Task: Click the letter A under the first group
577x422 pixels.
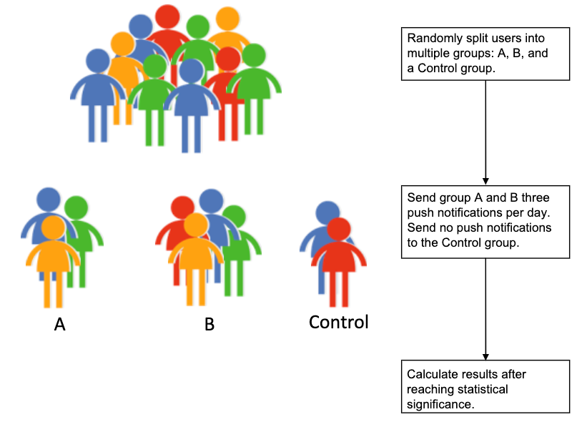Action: tap(60, 325)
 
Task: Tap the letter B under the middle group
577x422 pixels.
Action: tap(209, 325)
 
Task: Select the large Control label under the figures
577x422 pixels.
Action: tap(338, 322)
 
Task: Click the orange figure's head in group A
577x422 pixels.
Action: tap(52, 228)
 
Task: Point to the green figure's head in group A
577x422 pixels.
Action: tap(77, 208)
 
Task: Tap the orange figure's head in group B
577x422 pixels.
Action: tap(195, 225)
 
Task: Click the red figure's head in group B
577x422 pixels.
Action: tap(183, 208)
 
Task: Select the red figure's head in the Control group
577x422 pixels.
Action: tap(339, 230)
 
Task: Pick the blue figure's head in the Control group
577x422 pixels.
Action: tap(327, 213)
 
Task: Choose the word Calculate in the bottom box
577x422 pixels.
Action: tap(431, 374)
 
